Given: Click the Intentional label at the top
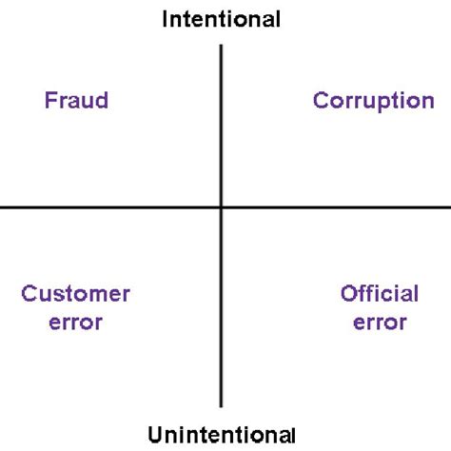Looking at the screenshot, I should click(x=222, y=18).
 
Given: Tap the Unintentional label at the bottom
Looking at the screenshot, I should click(x=222, y=436).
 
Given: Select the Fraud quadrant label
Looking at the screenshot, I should click(x=76, y=100).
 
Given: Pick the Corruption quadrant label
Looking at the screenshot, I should click(x=374, y=100).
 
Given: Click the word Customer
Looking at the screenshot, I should click(x=76, y=293).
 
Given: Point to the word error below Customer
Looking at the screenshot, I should click(x=76, y=322).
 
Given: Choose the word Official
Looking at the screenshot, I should click(x=380, y=293).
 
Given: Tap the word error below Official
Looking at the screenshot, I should click(x=380, y=322).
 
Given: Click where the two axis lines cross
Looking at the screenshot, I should click(x=222, y=206).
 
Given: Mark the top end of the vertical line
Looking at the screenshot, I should click(x=222, y=44).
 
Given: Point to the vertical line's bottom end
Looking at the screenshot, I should click(x=222, y=407).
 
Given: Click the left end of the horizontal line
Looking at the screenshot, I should click(x=1, y=206).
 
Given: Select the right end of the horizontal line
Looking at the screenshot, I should click(x=449, y=206).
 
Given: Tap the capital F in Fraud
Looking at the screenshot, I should click(x=50, y=100).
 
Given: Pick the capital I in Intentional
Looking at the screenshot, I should click(x=167, y=18).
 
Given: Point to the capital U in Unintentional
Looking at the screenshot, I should click(x=155, y=436).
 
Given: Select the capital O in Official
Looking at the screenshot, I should click(x=348, y=293).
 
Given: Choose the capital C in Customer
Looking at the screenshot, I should click(x=29, y=293).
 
